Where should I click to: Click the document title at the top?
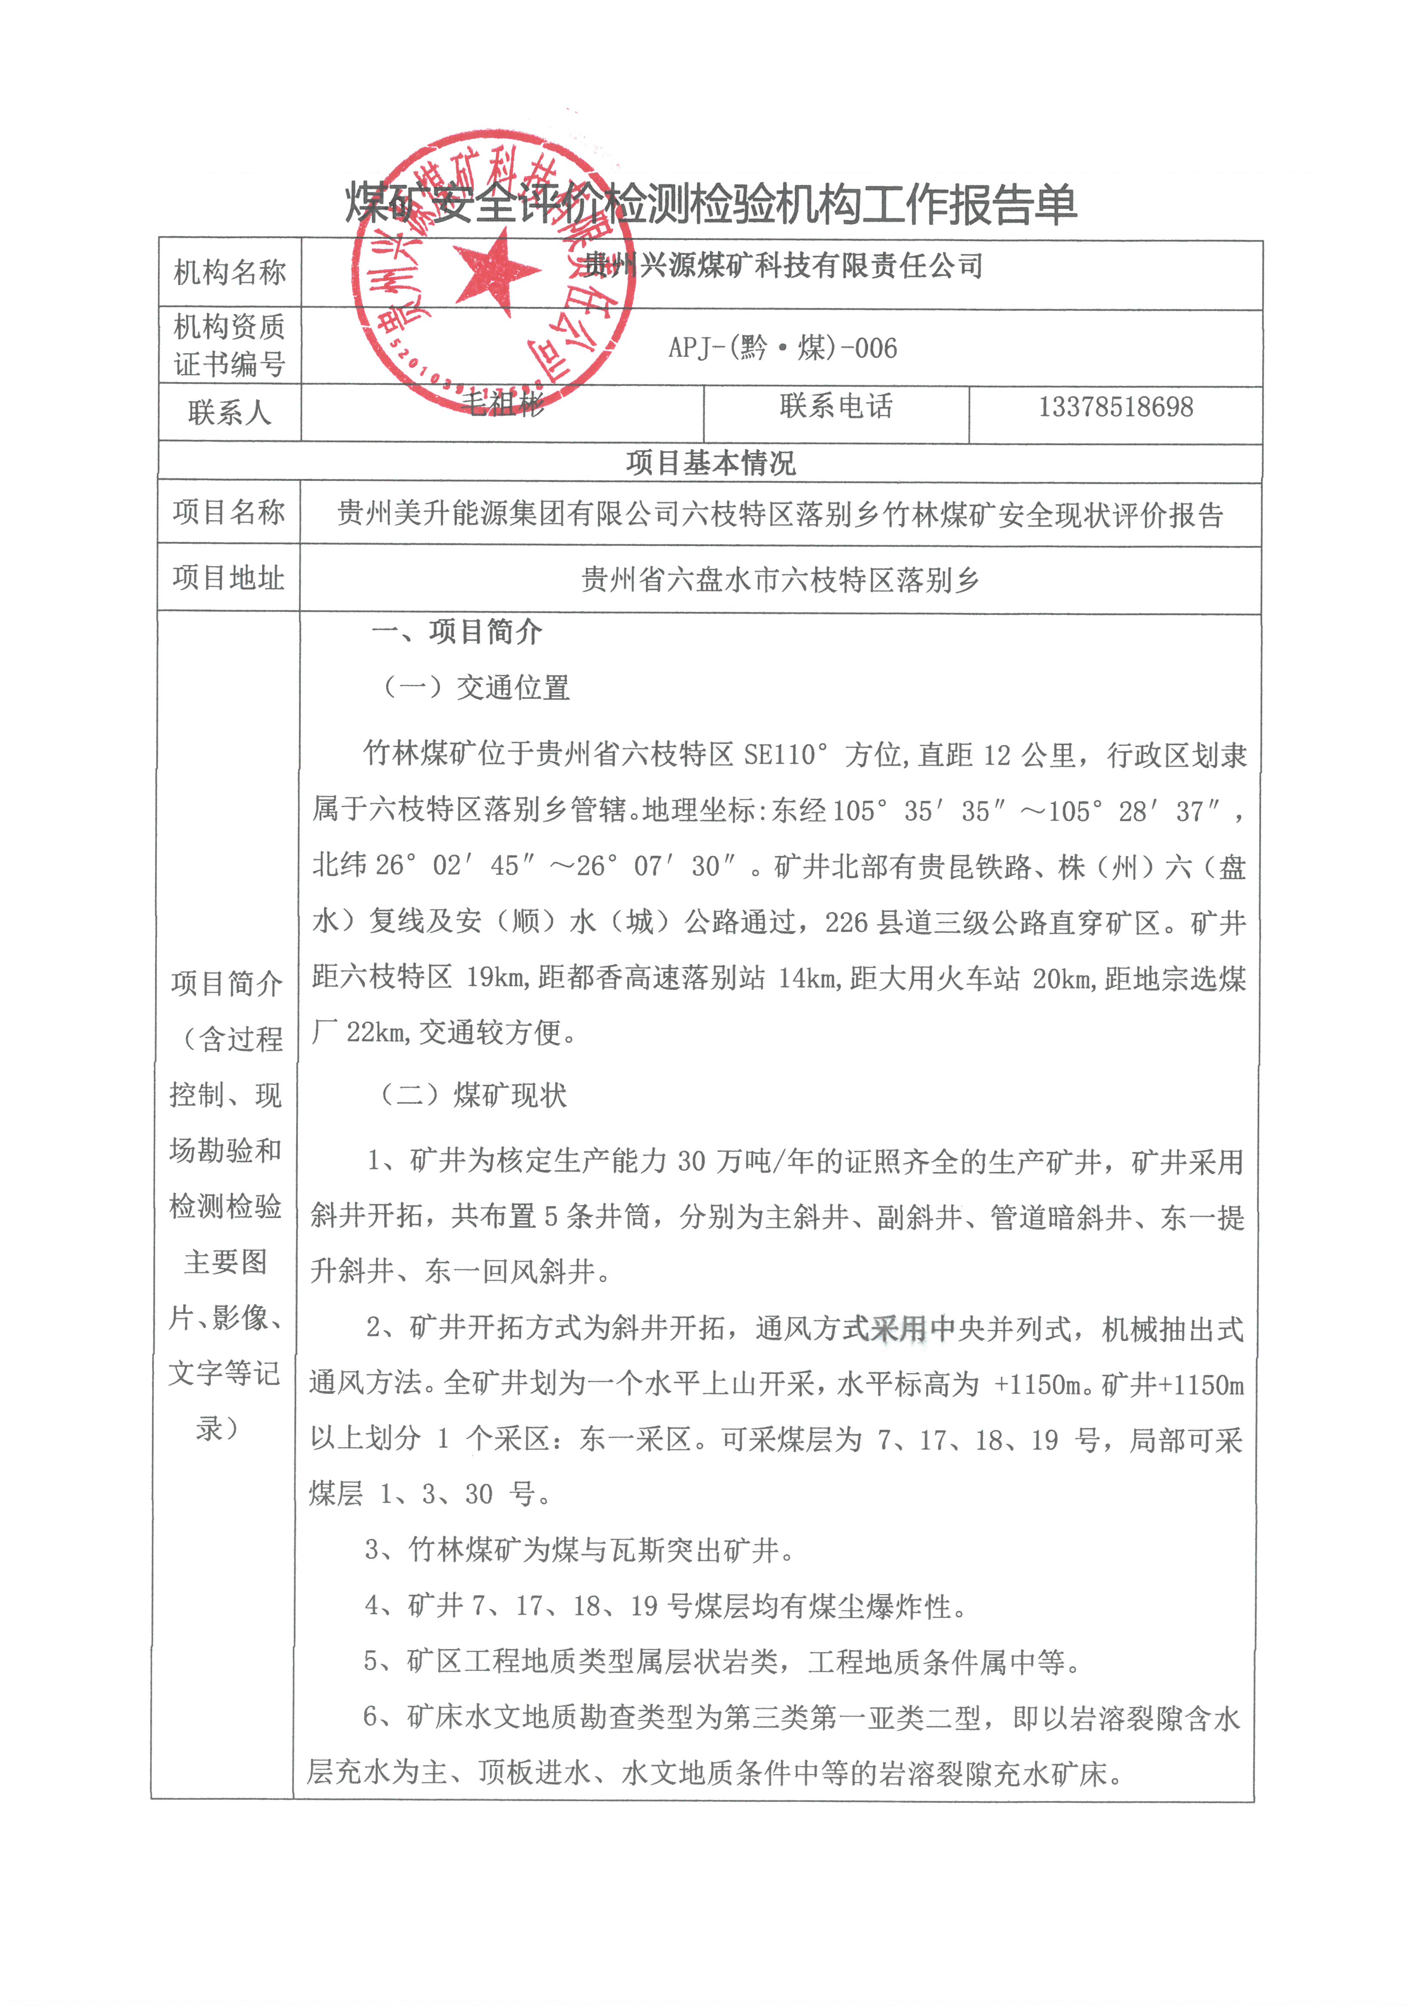(x=710, y=204)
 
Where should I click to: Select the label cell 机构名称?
(x=230, y=273)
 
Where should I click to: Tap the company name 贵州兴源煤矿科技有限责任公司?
(x=783, y=265)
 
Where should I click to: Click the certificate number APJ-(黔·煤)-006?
(x=783, y=348)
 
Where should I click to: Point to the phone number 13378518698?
(x=1115, y=407)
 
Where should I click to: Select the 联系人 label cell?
(x=230, y=411)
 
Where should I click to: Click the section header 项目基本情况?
(x=710, y=463)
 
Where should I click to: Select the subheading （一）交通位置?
(x=476, y=688)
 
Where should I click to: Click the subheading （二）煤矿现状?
(x=473, y=1095)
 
